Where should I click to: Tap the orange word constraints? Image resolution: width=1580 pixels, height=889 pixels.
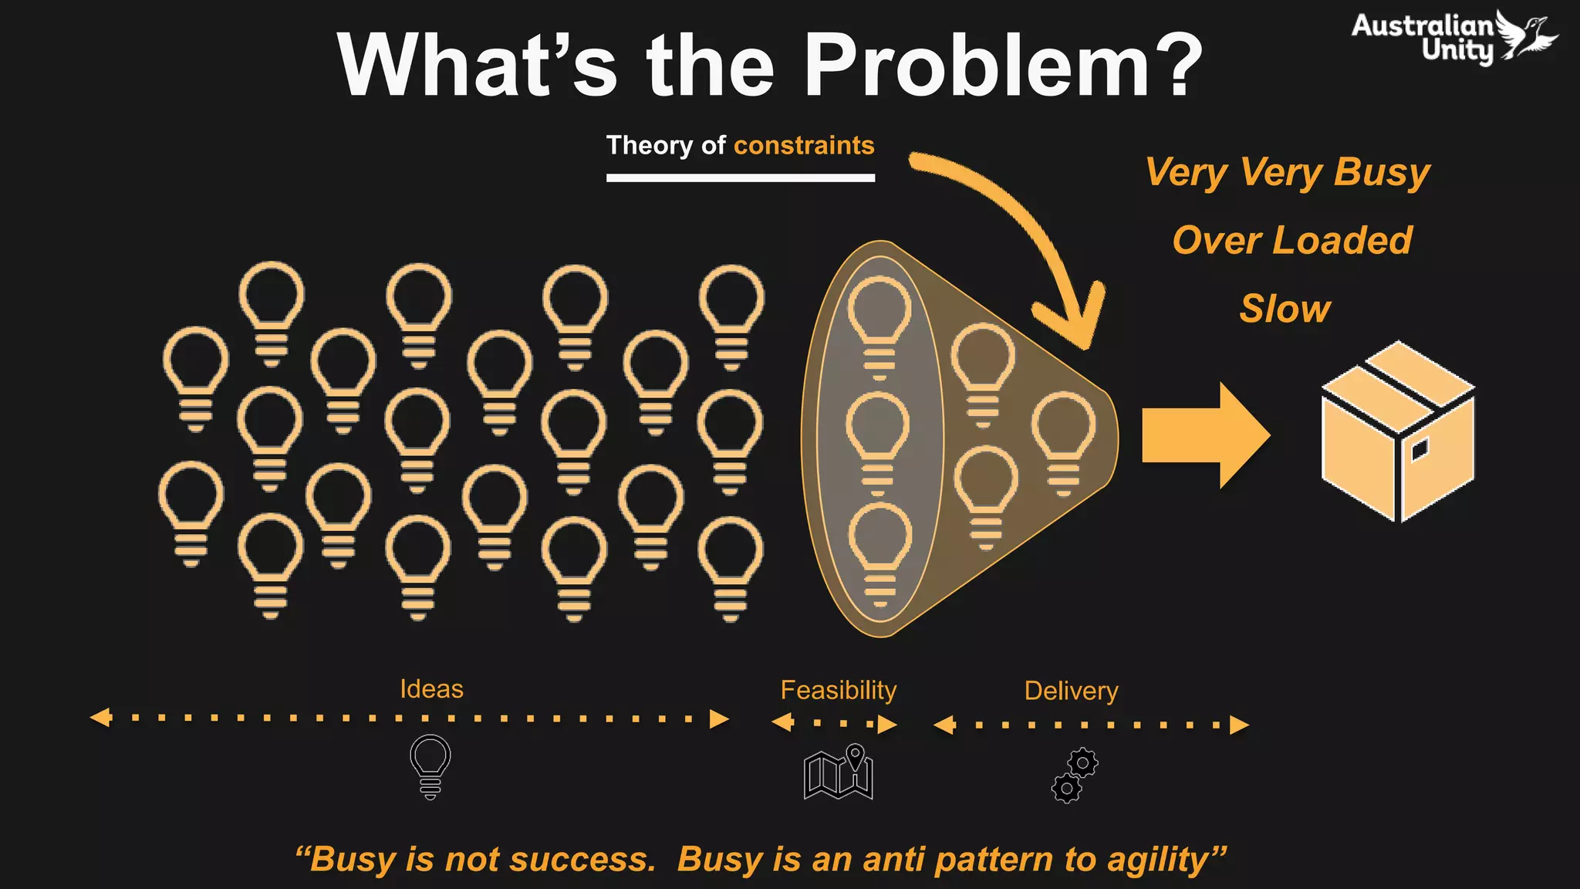[804, 145]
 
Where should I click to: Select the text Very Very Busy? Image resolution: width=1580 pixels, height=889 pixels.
[1287, 172]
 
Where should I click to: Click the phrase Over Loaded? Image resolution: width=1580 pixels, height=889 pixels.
[1291, 240]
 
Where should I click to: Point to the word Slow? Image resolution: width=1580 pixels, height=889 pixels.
[1285, 309]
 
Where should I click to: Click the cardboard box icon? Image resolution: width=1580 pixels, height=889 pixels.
[1398, 432]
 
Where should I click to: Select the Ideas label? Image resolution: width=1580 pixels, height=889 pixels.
[431, 688]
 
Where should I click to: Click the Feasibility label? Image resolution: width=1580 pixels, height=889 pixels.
[838, 690]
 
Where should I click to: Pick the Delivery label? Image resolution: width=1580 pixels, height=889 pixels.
[1071, 691]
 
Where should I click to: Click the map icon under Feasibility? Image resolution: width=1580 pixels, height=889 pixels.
[839, 772]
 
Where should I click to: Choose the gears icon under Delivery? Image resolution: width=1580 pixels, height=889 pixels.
[1075, 776]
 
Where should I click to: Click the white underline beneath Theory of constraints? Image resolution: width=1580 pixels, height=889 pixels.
[740, 177]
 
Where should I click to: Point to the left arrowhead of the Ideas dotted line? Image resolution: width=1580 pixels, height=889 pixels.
[100, 718]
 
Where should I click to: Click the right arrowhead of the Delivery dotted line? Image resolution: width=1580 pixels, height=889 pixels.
[1239, 725]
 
